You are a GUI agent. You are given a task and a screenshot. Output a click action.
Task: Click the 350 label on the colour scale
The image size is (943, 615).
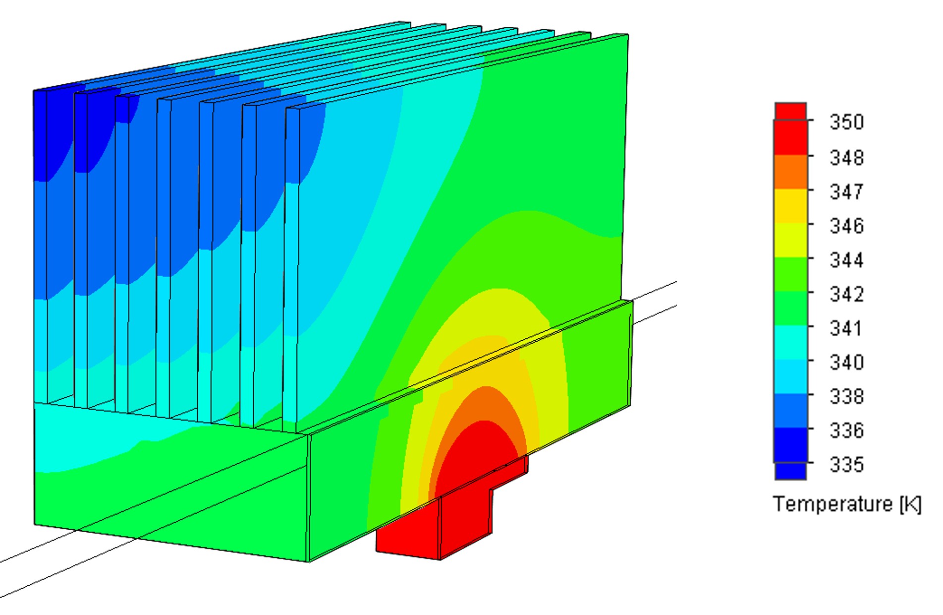pyautogui.click(x=846, y=122)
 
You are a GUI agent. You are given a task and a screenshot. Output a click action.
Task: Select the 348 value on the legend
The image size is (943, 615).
pyautogui.click(x=846, y=158)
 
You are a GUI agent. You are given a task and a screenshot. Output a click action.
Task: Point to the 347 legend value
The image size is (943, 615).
pyautogui.click(x=846, y=191)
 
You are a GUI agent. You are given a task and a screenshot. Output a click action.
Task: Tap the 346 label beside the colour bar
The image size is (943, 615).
pyautogui.click(x=846, y=226)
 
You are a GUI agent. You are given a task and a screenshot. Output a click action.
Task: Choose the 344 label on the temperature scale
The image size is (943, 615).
pyautogui.click(x=846, y=260)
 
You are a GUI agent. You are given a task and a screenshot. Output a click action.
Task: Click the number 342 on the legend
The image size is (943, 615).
pyautogui.click(x=846, y=294)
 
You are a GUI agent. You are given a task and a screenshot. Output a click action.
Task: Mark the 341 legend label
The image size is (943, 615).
pyautogui.click(x=845, y=328)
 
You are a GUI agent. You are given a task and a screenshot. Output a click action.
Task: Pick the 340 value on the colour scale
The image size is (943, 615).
pyautogui.click(x=846, y=363)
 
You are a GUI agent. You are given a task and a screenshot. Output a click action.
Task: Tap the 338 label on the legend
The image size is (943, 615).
pyautogui.click(x=846, y=397)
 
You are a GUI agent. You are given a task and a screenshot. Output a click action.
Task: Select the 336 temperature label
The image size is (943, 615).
pyautogui.click(x=846, y=430)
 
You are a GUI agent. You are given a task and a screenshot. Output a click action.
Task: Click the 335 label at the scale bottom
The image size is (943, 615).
pyautogui.click(x=846, y=465)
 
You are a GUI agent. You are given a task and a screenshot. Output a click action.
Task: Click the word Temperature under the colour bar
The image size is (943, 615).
pyautogui.click(x=832, y=504)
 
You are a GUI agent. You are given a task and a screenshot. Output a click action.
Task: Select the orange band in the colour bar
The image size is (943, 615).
pyautogui.click(x=790, y=172)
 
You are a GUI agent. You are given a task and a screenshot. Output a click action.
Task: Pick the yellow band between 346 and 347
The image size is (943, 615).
pyautogui.click(x=790, y=206)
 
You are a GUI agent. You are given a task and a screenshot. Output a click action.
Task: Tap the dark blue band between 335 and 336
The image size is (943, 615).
pyautogui.click(x=790, y=445)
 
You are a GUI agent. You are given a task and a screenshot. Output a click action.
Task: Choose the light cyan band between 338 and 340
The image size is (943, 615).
pyautogui.click(x=790, y=377)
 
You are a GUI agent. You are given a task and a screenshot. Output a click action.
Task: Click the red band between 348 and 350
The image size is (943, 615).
pyautogui.click(x=790, y=137)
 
